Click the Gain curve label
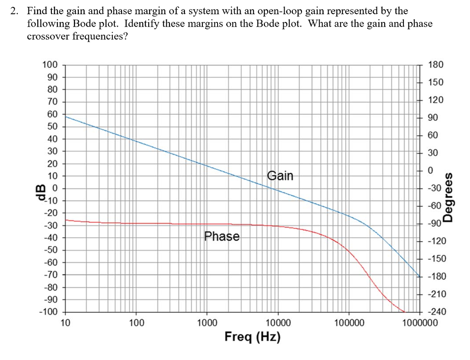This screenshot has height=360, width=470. pyautogui.click(x=280, y=176)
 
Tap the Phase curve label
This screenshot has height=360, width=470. pyautogui.click(x=222, y=236)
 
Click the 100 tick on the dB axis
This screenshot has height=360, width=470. pyautogui.click(x=50, y=65)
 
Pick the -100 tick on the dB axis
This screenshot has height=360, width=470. pyautogui.click(x=48, y=312)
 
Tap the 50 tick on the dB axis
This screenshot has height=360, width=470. pyautogui.click(x=52, y=127)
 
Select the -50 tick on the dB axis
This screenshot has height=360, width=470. pyautogui.click(x=50, y=250)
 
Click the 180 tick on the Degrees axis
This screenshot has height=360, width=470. pyautogui.click(x=436, y=65)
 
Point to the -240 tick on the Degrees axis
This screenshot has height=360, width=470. pyautogui.click(x=436, y=312)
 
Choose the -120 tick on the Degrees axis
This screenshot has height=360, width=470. pyautogui.click(x=436, y=242)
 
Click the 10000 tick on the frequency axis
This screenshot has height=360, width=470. pyautogui.click(x=278, y=323)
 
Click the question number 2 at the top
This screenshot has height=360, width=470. pyautogui.click(x=14, y=11)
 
